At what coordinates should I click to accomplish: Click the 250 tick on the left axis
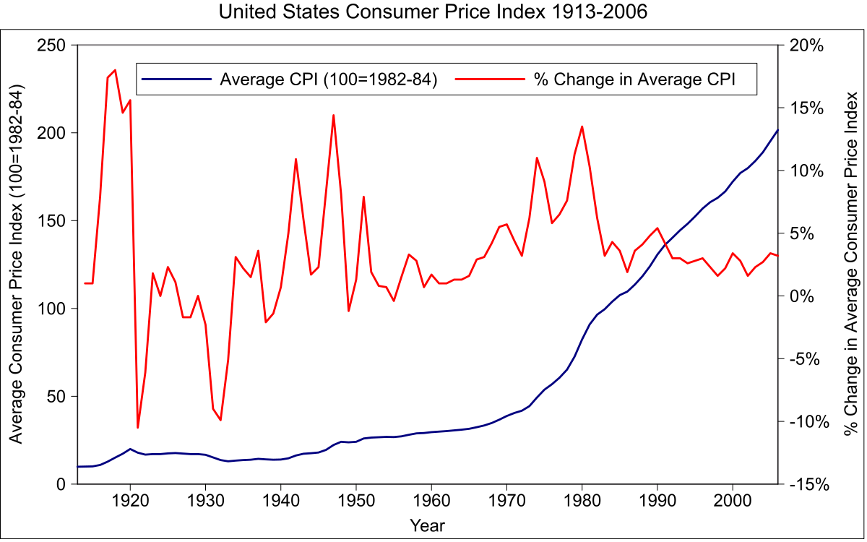click(53, 46)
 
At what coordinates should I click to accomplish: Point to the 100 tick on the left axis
click(53, 309)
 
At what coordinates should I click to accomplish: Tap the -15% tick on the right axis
click(806, 484)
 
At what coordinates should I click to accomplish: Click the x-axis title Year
click(427, 525)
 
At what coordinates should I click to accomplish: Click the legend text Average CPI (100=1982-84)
click(329, 79)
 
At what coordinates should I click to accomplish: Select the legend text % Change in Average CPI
click(634, 79)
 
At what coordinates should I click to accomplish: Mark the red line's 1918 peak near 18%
click(115, 70)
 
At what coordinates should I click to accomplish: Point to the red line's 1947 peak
click(333, 115)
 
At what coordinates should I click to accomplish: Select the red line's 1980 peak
click(582, 126)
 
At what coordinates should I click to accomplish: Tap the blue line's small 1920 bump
click(130, 449)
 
